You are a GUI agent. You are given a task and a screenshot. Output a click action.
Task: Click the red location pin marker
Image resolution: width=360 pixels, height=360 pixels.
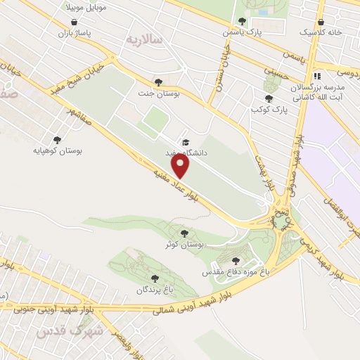(x=181, y=166)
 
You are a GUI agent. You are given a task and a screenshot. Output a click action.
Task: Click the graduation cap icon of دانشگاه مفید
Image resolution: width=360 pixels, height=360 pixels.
(x=184, y=141)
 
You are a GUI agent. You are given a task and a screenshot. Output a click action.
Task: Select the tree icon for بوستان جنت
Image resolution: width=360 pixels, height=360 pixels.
(x=157, y=83)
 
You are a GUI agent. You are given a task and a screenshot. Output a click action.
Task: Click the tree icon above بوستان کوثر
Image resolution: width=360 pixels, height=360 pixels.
(x=184, y=233)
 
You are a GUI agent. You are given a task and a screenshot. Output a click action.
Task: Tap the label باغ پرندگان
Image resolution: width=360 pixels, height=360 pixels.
(x=154, y=290)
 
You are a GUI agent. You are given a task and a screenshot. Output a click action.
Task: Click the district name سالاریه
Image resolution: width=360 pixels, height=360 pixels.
(x=145, y=39)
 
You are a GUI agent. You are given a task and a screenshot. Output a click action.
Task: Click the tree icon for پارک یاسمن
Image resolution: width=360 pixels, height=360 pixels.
(x=243, y=21)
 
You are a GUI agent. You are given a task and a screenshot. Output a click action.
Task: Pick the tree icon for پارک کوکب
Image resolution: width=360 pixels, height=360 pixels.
(x=269, y=99)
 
